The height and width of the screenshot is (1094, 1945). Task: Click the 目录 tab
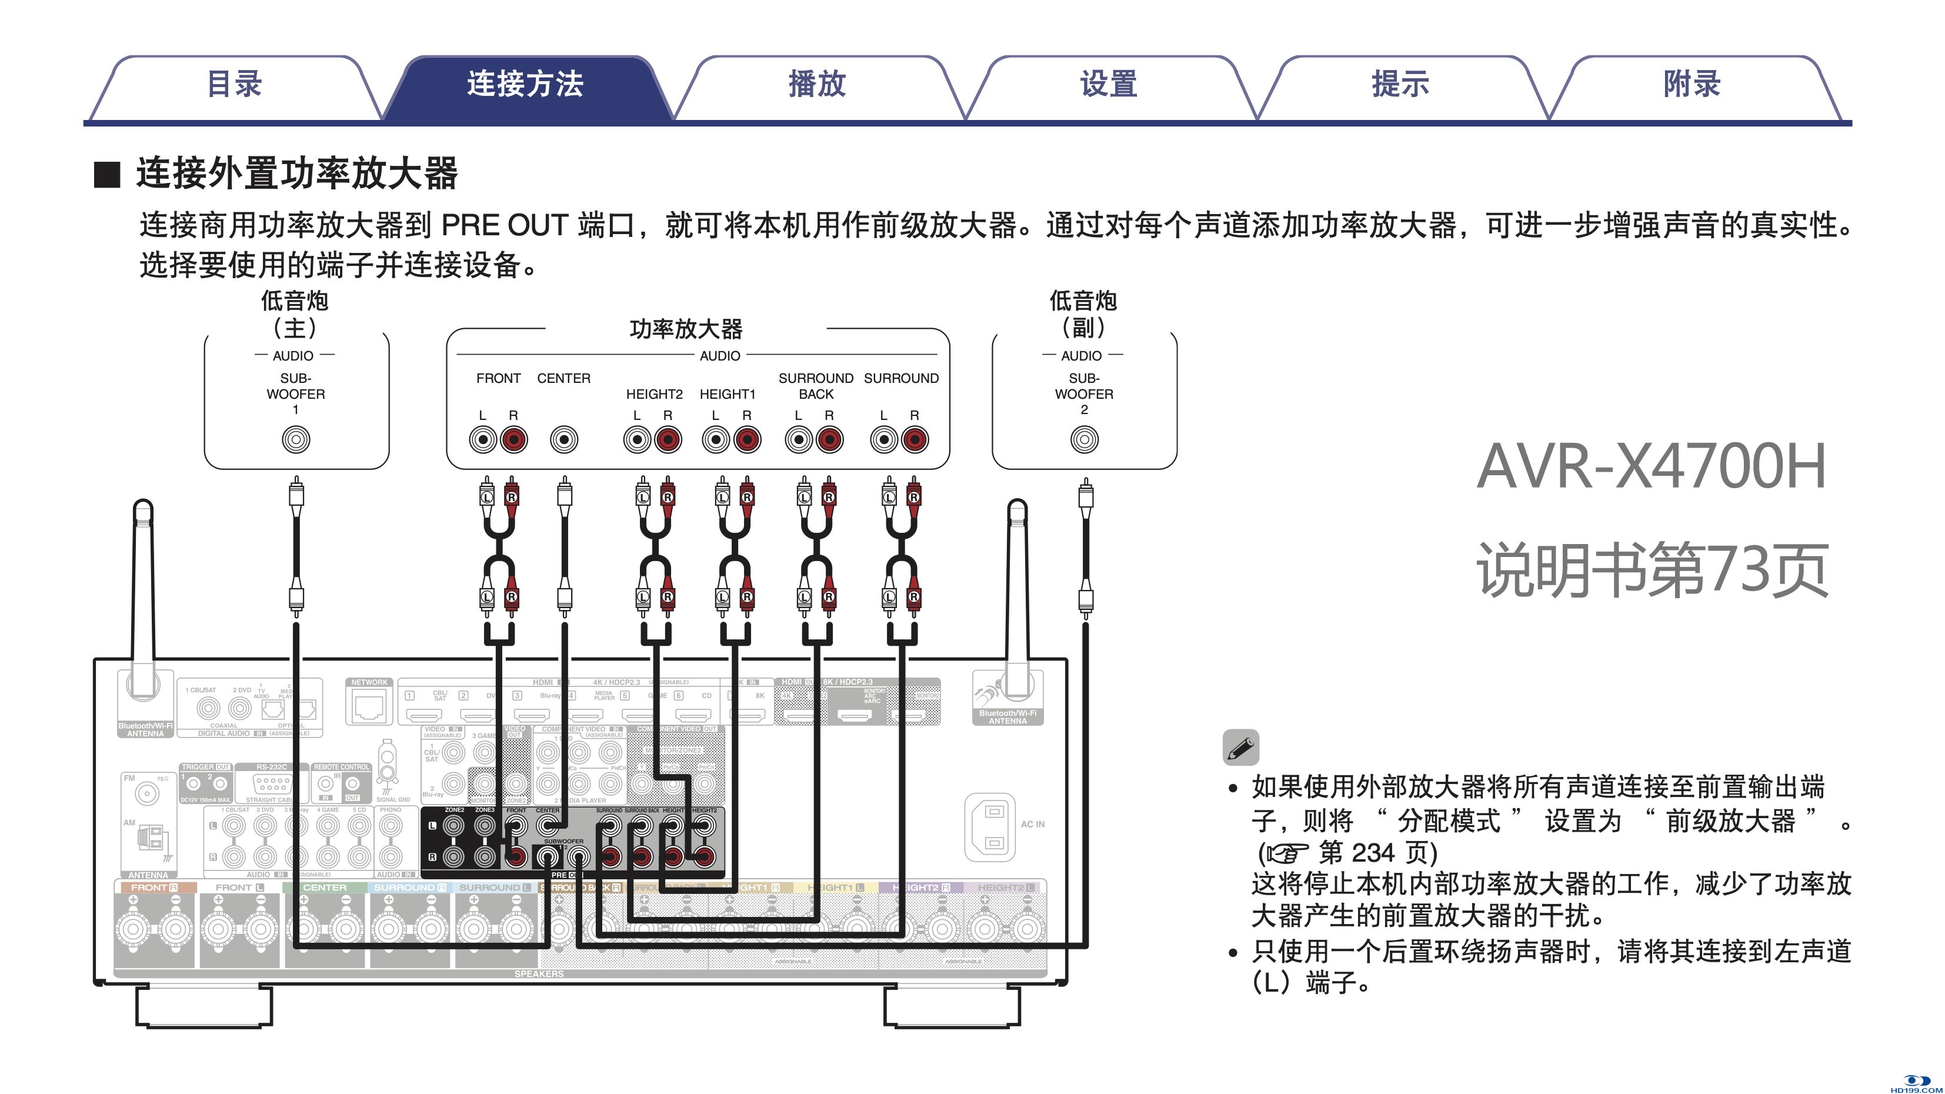click(x=234, y=85)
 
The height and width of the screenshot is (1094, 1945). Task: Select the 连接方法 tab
click(x=525, y=85)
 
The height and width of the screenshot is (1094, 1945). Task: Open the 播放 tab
click(x=817, y=85)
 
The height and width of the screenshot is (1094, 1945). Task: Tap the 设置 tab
click(x=1109, y=85)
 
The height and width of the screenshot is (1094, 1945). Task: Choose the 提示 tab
click(x=1400, y=85)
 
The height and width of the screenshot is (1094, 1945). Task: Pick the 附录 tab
click(x=1692, y=85)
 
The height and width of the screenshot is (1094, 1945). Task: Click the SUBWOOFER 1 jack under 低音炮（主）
click(x=296, y=439)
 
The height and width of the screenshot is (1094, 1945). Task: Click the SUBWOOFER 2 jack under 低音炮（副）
click(x=1084, y=439)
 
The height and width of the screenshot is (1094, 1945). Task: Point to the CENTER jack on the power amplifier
click(x=564, y=439)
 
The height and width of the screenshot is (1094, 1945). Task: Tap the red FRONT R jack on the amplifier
click(x=514, y=439)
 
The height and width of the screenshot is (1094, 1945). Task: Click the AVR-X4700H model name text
click(x=1652, y=466)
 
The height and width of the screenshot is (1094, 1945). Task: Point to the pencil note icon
click(x=1240, y=748)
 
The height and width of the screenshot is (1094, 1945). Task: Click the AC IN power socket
click(x=992, y=828)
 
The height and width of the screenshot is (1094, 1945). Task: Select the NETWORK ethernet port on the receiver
click(x=370, y=706)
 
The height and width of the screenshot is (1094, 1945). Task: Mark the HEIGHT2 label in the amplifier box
click(x=654, y=394)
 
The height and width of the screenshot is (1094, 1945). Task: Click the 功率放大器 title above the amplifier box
click(x=686, y=329)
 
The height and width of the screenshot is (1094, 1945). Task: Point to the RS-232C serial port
click(x=272, y=783)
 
